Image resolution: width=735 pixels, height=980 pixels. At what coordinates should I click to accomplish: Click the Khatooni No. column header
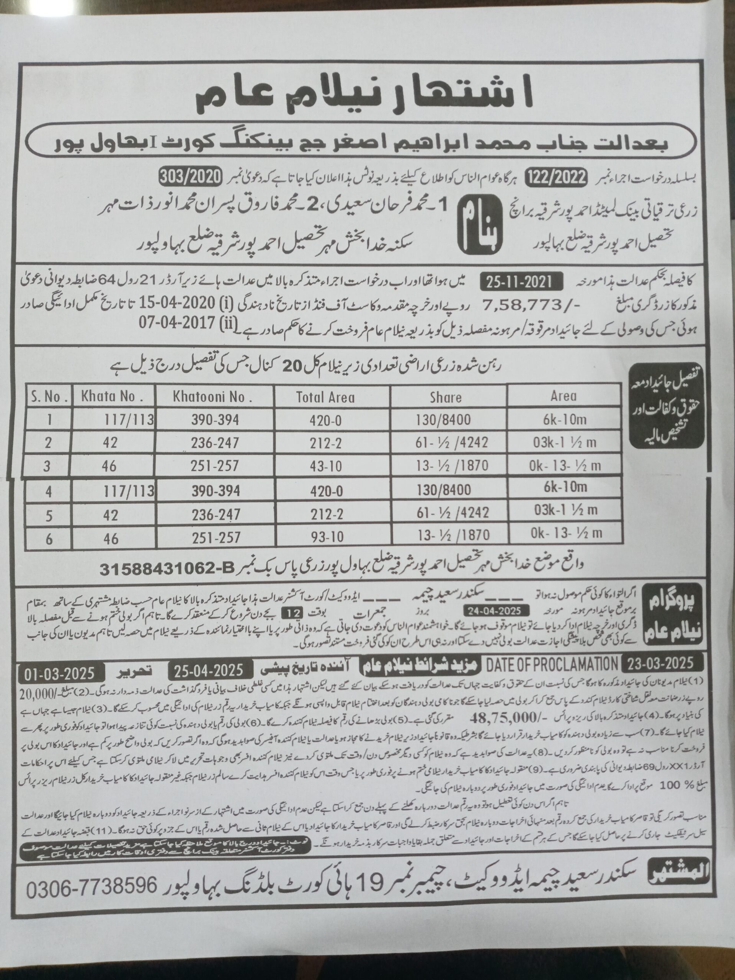click(216, 397)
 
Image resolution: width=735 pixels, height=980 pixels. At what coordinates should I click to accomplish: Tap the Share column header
click(445, 397)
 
